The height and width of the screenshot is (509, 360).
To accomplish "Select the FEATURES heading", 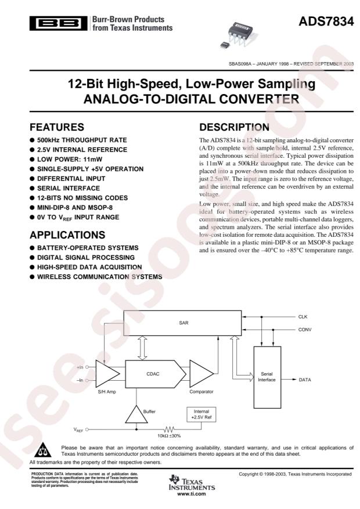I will tap(62, 127).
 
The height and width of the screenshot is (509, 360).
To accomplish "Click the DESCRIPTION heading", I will tap(234, 127).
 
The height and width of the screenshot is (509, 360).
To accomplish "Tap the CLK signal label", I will tap(304, 317).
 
